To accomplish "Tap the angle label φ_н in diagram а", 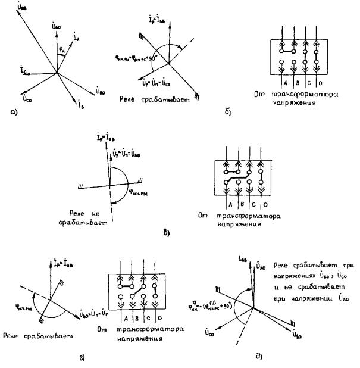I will pos(61,49).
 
